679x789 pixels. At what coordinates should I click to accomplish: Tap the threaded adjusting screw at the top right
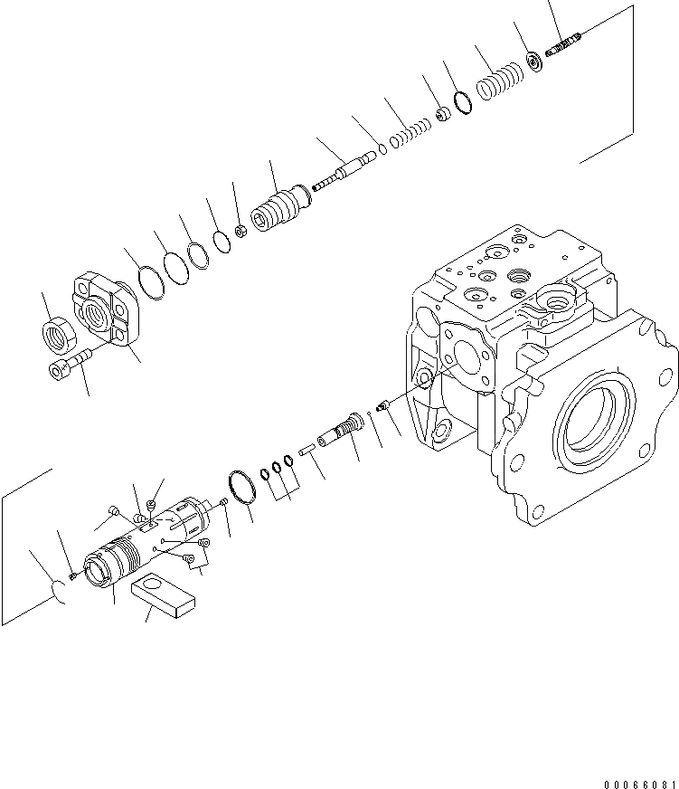point(567,43)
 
